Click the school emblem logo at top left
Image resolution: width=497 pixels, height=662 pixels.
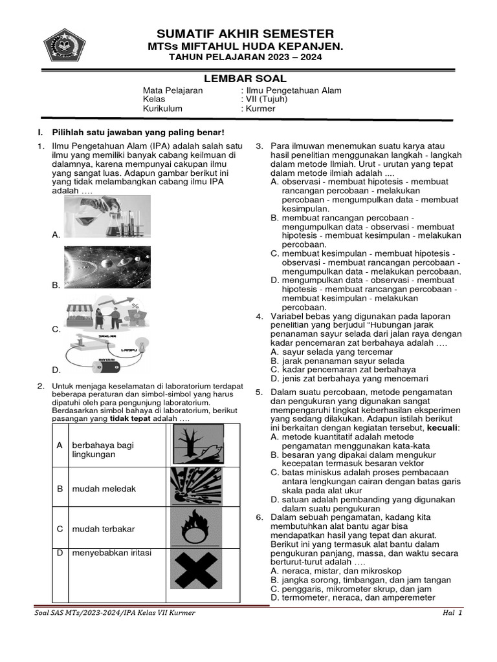64,45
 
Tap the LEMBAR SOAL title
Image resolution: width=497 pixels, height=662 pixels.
245,78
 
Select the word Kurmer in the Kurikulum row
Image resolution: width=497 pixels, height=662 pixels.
260,109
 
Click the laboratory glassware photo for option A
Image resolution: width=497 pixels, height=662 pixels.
107,217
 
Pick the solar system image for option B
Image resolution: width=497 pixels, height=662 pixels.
107,267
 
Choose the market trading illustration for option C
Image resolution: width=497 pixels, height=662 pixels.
107,313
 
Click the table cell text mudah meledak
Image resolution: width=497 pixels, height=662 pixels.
104,489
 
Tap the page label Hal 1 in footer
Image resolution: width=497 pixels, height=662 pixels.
452,612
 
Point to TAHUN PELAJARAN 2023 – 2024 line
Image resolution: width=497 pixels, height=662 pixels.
245,58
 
